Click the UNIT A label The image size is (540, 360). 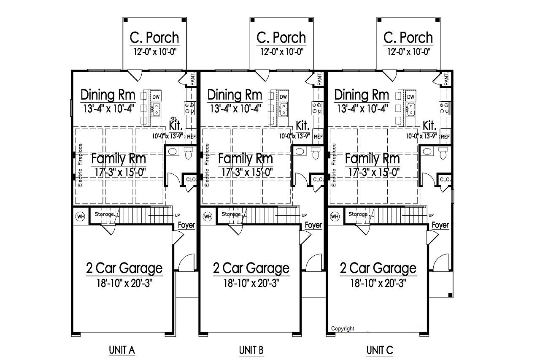pos(121,349)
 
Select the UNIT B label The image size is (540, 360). pos(251,349)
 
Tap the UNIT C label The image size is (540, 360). pos(380,349)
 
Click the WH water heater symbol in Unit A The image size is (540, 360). pos(80,217)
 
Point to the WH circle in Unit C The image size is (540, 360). pos(335,217)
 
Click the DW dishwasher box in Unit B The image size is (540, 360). pos(283,97)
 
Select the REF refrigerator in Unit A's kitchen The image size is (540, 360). pos(191,137)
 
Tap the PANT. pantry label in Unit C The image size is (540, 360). pos(447,78)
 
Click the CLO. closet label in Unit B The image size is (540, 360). pos(317,179)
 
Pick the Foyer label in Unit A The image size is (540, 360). pos(186,225)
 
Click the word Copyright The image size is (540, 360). pos(343,329)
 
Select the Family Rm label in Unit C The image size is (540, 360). pos(373,159)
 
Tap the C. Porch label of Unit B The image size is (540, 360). pos(281,38)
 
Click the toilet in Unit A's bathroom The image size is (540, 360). pos(189,153)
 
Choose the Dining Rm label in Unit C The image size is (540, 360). pos(362,95)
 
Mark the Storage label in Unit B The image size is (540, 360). pos(231,214)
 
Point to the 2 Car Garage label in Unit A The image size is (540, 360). pos(124,268)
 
